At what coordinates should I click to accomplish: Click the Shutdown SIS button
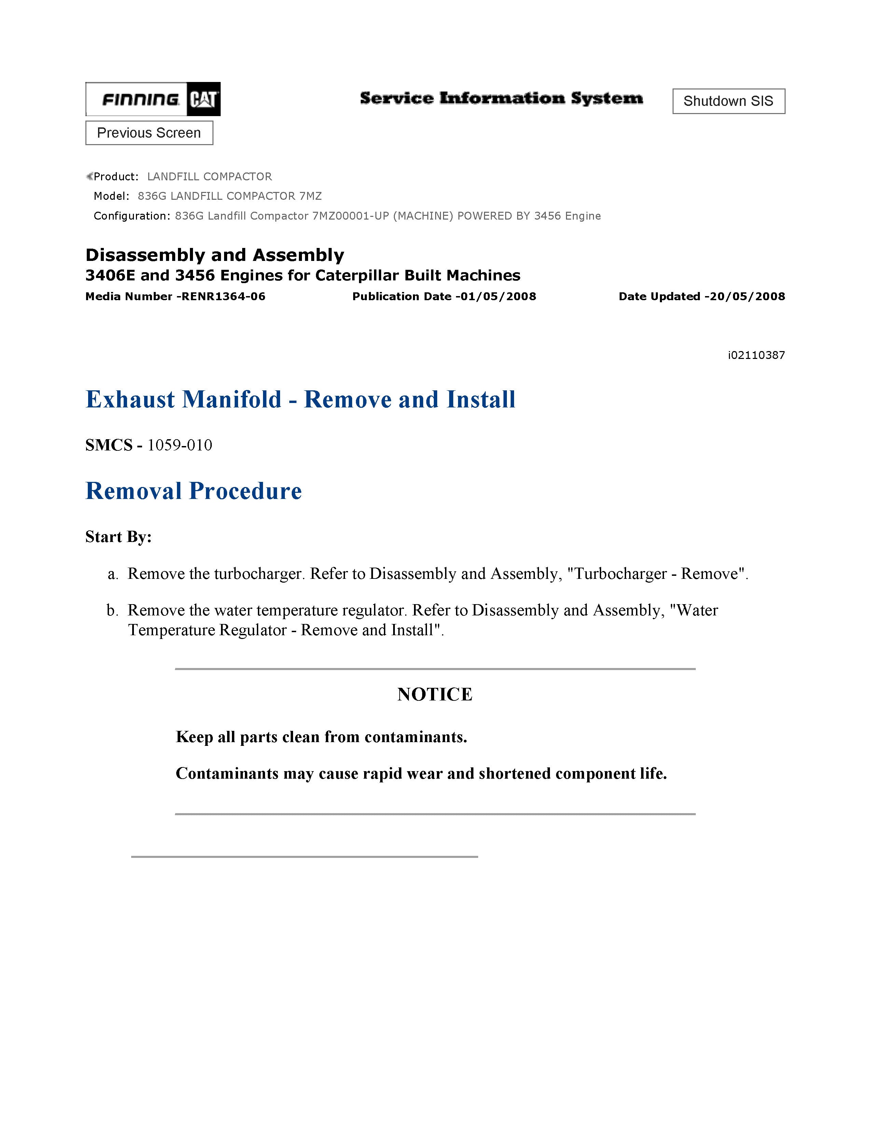point(728,101)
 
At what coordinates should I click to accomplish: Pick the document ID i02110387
point(756,355)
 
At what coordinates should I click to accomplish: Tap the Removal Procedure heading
point(193,491)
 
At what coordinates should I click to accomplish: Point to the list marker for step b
point(112,611)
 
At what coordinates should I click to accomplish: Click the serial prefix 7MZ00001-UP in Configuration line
point(350,216)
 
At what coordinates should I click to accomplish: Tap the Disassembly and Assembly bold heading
point(215,255)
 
